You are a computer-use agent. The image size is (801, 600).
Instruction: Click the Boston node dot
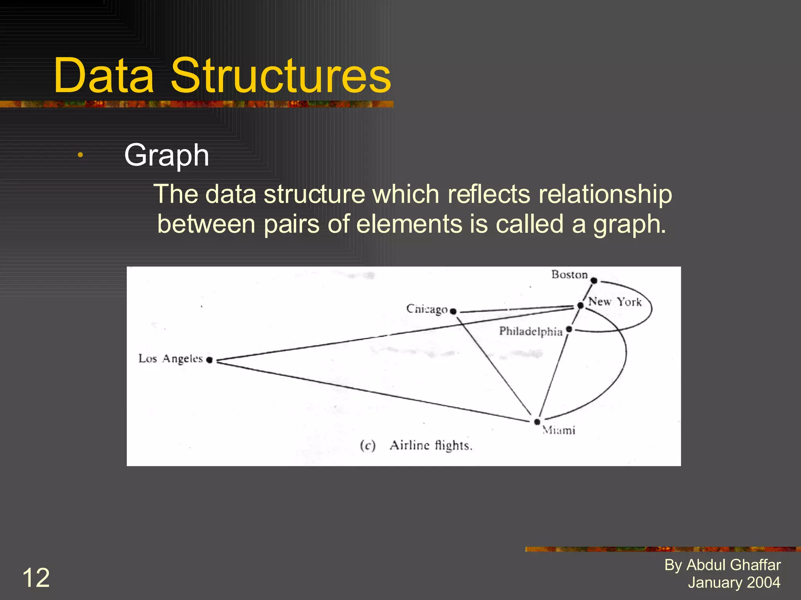[x=594, y=280]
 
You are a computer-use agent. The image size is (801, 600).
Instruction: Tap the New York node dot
[x=581, y=305]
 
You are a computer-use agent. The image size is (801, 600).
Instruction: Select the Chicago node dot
[x=453, y=311]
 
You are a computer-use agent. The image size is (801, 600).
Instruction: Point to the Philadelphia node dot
[x=569, y=329]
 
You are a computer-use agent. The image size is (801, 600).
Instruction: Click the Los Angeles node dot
[x=210, y=360]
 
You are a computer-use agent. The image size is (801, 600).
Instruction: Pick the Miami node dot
[x=537, y=422]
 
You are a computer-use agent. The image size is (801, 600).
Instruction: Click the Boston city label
[x=569, y=275]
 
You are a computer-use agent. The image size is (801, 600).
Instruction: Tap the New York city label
[x=615, y=302]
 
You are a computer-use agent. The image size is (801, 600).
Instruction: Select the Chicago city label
[x=427, y=309]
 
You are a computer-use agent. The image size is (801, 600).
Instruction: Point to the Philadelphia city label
[x=531, y=331]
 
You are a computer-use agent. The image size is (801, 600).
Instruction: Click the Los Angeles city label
[x=171, y=359]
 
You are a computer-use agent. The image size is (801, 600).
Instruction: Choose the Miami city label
[x=559, y=430]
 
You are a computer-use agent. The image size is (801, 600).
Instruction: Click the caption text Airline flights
[x=431, y=445]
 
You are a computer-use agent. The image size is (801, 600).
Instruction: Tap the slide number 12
[x=36, y=578]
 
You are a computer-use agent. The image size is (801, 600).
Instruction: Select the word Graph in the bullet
[x=167, y=155]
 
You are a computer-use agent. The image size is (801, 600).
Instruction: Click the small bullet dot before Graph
[x=80, y=155]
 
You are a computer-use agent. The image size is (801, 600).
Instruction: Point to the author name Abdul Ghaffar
[x=733, y=565]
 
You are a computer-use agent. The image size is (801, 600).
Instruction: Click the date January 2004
[x=734, y=582]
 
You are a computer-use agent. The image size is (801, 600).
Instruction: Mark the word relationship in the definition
[x=605, y=194]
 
